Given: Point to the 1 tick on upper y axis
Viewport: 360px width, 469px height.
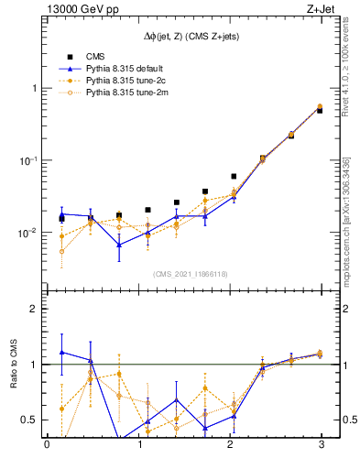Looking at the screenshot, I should pos(34,88).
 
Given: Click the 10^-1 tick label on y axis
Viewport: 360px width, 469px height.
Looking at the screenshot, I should pos(28,160).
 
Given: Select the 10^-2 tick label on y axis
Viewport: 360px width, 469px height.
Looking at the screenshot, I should pos(28,233).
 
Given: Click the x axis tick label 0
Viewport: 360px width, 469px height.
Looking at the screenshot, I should pos(47,444).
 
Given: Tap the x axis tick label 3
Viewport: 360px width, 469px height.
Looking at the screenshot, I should pos(321,444).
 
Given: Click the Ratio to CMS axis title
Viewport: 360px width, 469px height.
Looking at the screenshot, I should pos(13,365).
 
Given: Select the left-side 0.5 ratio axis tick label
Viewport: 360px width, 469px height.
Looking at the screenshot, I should pos(30,420).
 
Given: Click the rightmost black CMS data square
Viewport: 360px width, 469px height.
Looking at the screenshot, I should pos(320,110).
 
